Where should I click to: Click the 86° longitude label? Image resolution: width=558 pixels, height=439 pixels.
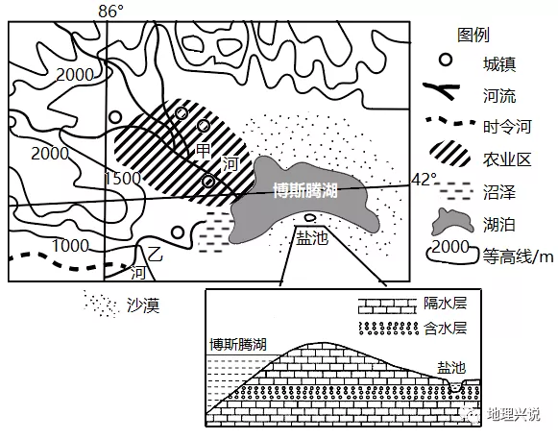pyautogui.click(x=110, y=12)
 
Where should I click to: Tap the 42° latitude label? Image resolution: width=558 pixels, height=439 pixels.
pyautogui.click(x=424, y=180)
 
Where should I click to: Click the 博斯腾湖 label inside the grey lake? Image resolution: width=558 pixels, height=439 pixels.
pyautogui.click(x=305, y=190)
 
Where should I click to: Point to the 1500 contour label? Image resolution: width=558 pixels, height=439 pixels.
pyautogui.click(x=122, y=179)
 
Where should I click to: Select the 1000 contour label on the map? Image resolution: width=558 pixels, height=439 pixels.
pyautogui.click(x=70, y=246)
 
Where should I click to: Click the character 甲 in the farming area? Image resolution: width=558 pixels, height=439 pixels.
pyautogui.click(x=204, y=151)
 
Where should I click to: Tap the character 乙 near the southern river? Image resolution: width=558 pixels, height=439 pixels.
pyautogui.click(x=156, y=255)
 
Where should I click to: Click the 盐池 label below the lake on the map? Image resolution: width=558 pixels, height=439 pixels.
pyautogui.click(x=312, y=238)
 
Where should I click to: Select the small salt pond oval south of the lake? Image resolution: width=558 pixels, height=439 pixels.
pyautogui.click(x=309, y=217)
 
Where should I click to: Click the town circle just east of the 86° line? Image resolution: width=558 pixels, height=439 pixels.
pyautogui.click(x=115, y=117)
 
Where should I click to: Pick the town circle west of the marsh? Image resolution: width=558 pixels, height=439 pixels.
pyautogui.click(x=178, y=232)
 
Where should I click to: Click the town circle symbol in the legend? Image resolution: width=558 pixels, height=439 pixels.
pyautogui.click(x=446, y=60)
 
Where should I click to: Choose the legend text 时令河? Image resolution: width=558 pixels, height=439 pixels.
pyautogui.click(x=507, y=127)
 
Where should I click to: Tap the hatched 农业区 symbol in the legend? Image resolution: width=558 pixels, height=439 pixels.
pyautogui.click(x=449, y=154)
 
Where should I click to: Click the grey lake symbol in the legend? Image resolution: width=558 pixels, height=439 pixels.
pyautogui.click(x=452, y=222)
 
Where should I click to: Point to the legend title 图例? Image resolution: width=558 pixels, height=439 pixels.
pyautogui.click(x=473, y=35)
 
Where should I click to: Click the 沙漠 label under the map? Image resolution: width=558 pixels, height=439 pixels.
pyautogui.click(x=143, y=305)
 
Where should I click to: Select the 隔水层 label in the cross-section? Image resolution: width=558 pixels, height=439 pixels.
pyautogui.click(x=445, y=304)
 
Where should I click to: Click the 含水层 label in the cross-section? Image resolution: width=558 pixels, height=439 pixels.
pyautogui.click(x=445, y=329)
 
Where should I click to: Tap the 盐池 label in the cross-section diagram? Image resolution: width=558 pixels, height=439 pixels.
pyautogui.click(x=451, y=367)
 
